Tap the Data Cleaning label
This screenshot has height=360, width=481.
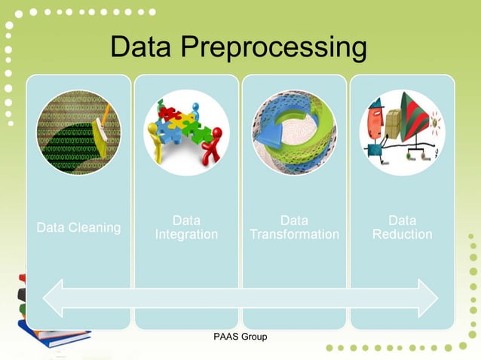coord(79,227)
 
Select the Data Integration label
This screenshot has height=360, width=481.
coord(186,227)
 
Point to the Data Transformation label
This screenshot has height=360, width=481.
coord(294,227)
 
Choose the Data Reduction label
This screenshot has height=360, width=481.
coord(402,227)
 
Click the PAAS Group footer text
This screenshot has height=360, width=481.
coord(240,336)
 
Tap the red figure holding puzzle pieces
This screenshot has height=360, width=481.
coord(216,143)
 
